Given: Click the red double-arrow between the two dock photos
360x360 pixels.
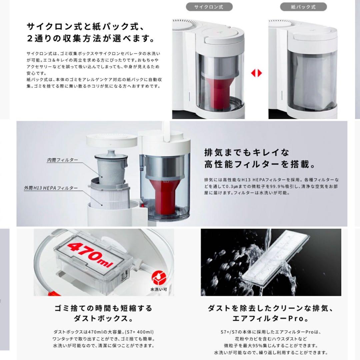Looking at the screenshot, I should (x=257, y=73).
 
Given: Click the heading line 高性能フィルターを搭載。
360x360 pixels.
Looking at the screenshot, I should (x=260, y=165).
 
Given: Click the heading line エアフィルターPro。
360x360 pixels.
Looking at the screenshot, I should (x=271, y=318).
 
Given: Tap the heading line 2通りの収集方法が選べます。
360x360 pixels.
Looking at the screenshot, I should (x=91, y=38).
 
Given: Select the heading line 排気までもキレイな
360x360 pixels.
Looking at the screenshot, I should (x=247, y=152).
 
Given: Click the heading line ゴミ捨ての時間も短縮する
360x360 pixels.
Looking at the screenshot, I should (x=103, y=308).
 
